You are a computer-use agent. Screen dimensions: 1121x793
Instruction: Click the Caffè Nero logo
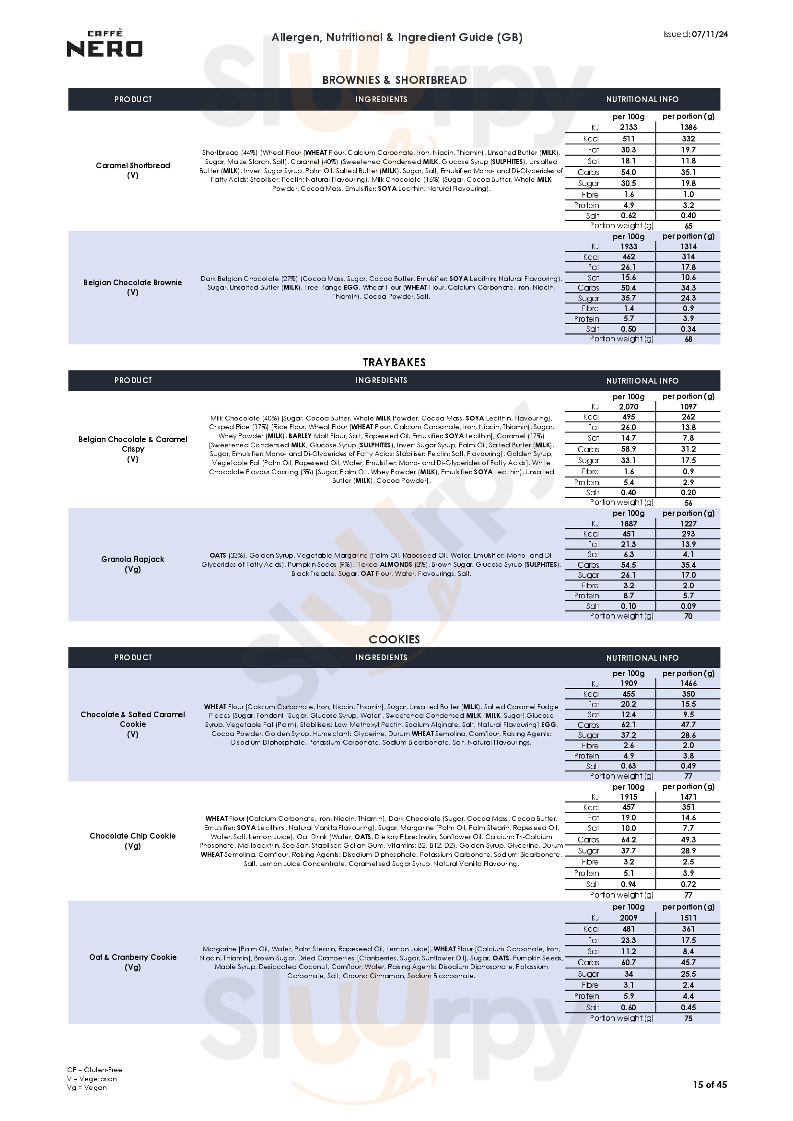105,44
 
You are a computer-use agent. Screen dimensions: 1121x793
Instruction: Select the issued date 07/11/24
710,34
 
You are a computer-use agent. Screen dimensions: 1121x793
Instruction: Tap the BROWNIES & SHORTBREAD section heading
394,80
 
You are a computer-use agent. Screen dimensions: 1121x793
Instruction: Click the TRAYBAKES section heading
394,362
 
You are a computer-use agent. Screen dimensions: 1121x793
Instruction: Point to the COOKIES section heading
394,640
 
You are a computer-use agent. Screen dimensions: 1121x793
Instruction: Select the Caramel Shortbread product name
133,165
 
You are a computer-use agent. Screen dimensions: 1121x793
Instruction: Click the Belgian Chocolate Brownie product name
132,283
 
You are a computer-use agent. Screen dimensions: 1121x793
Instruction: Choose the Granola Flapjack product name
132,559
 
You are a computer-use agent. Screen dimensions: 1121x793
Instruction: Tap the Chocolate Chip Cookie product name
132,836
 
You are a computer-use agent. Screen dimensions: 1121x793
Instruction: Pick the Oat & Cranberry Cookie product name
132,957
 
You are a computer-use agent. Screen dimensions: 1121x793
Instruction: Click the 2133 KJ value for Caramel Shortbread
629,128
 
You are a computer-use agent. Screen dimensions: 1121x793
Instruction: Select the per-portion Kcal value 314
688,257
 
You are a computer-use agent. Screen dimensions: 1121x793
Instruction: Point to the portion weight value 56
688,503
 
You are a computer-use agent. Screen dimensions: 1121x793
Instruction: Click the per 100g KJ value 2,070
629,407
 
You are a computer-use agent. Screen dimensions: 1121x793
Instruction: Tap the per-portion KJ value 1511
688,918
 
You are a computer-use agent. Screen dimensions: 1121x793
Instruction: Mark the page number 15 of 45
710,1098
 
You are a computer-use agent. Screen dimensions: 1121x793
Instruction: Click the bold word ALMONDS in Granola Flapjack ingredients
396,564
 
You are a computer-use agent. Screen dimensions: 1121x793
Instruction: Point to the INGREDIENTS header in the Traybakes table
381,380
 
